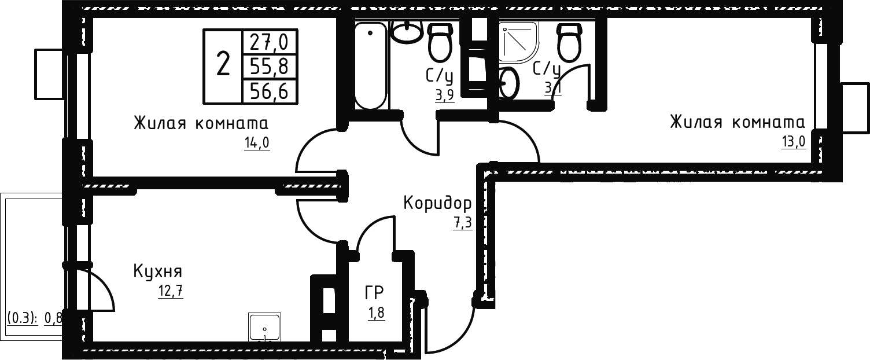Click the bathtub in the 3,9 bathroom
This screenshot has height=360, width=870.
click(370, 65)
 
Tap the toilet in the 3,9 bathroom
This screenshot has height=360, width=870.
click(439, 43)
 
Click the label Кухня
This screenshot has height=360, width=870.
click(158, 271)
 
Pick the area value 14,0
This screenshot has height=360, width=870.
click(257, 143)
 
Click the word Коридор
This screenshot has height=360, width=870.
click(437, 204)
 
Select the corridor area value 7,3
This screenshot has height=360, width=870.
click(463, 223)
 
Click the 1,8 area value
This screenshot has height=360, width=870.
click(375, 314)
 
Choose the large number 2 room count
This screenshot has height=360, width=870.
click(223, 64)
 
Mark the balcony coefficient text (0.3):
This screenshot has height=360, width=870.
click(23, 318)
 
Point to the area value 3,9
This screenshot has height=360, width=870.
click(445, 95)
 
